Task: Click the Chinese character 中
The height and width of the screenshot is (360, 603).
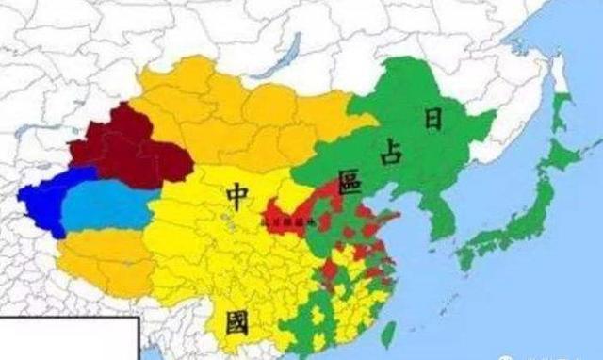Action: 236,194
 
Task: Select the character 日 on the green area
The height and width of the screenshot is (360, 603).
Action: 433,118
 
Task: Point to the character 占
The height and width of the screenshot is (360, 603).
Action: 388,155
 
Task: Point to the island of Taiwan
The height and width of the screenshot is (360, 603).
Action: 387,332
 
